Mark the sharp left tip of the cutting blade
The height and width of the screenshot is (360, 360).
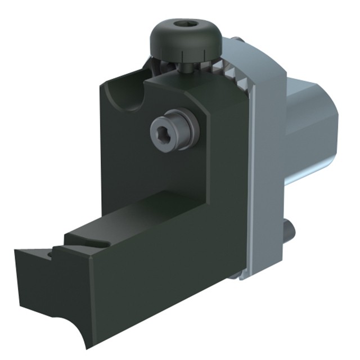coord(16,253)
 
